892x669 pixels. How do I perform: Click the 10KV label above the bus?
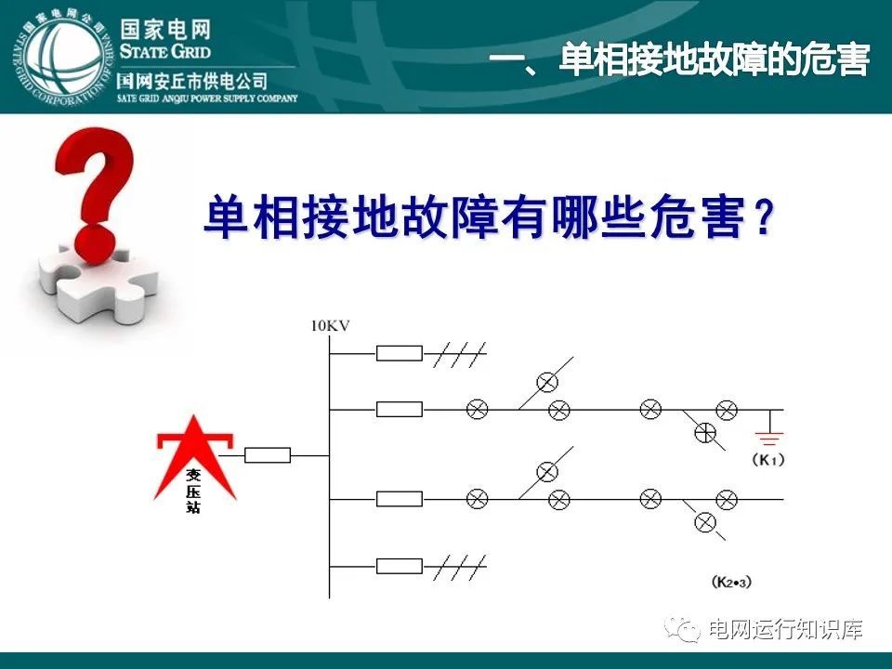coord(331,325)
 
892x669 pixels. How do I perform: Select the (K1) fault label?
coord(768,460)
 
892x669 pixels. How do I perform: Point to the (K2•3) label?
coord(731,583)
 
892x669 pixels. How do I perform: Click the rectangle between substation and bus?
coord(268,455)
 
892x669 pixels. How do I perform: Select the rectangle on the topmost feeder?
coord(400,353)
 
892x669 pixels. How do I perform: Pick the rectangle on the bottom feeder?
coord(400,565)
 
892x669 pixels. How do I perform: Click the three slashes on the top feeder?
coord(462,353)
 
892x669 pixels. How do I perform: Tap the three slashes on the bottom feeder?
coord(462,565)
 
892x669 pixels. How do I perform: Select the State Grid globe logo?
coord(58,59)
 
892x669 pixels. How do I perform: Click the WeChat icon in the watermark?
coord(688,631)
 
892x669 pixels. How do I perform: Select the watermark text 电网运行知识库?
coord(785,630)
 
